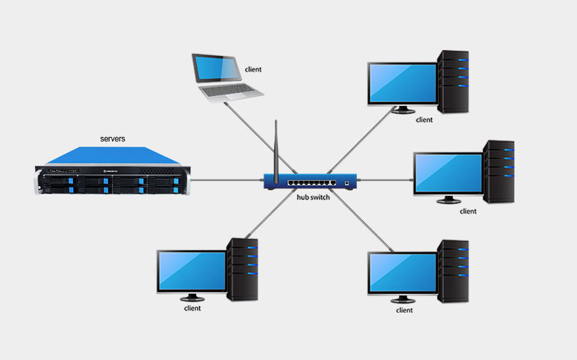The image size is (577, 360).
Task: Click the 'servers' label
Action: pos(113,139)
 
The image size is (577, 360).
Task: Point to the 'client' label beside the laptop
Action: pos(254,68)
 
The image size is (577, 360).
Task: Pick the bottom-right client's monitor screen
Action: pos(402,272)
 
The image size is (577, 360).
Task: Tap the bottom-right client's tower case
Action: pos(454,270)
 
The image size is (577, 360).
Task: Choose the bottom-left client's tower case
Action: pos(242,269)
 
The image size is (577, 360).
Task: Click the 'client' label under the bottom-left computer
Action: pos(192,308)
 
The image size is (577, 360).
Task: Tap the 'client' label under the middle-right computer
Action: pos(468,211)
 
